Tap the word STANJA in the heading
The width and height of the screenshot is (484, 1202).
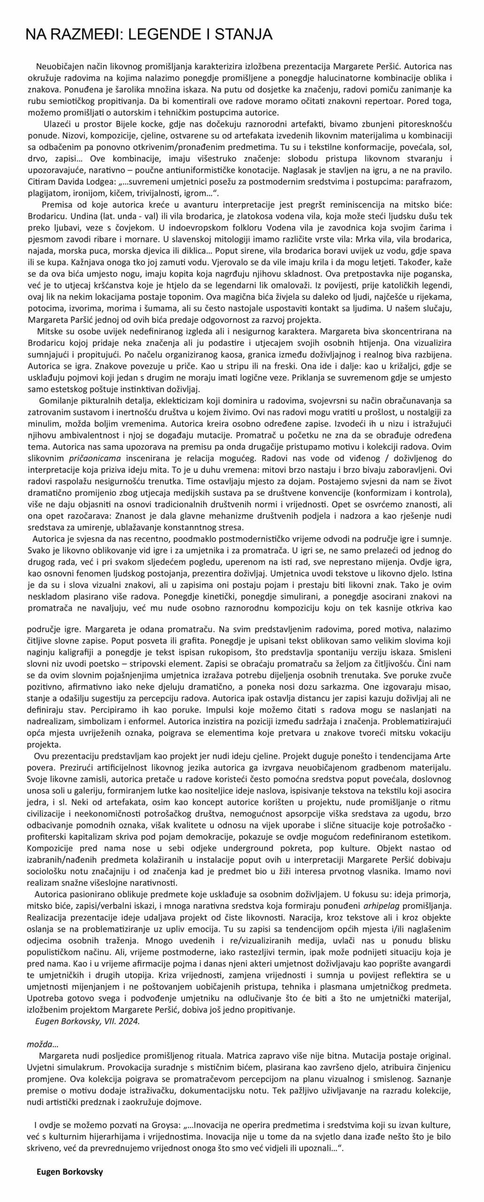(x=242, y=34)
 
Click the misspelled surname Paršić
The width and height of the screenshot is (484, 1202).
(x=86, y=320)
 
